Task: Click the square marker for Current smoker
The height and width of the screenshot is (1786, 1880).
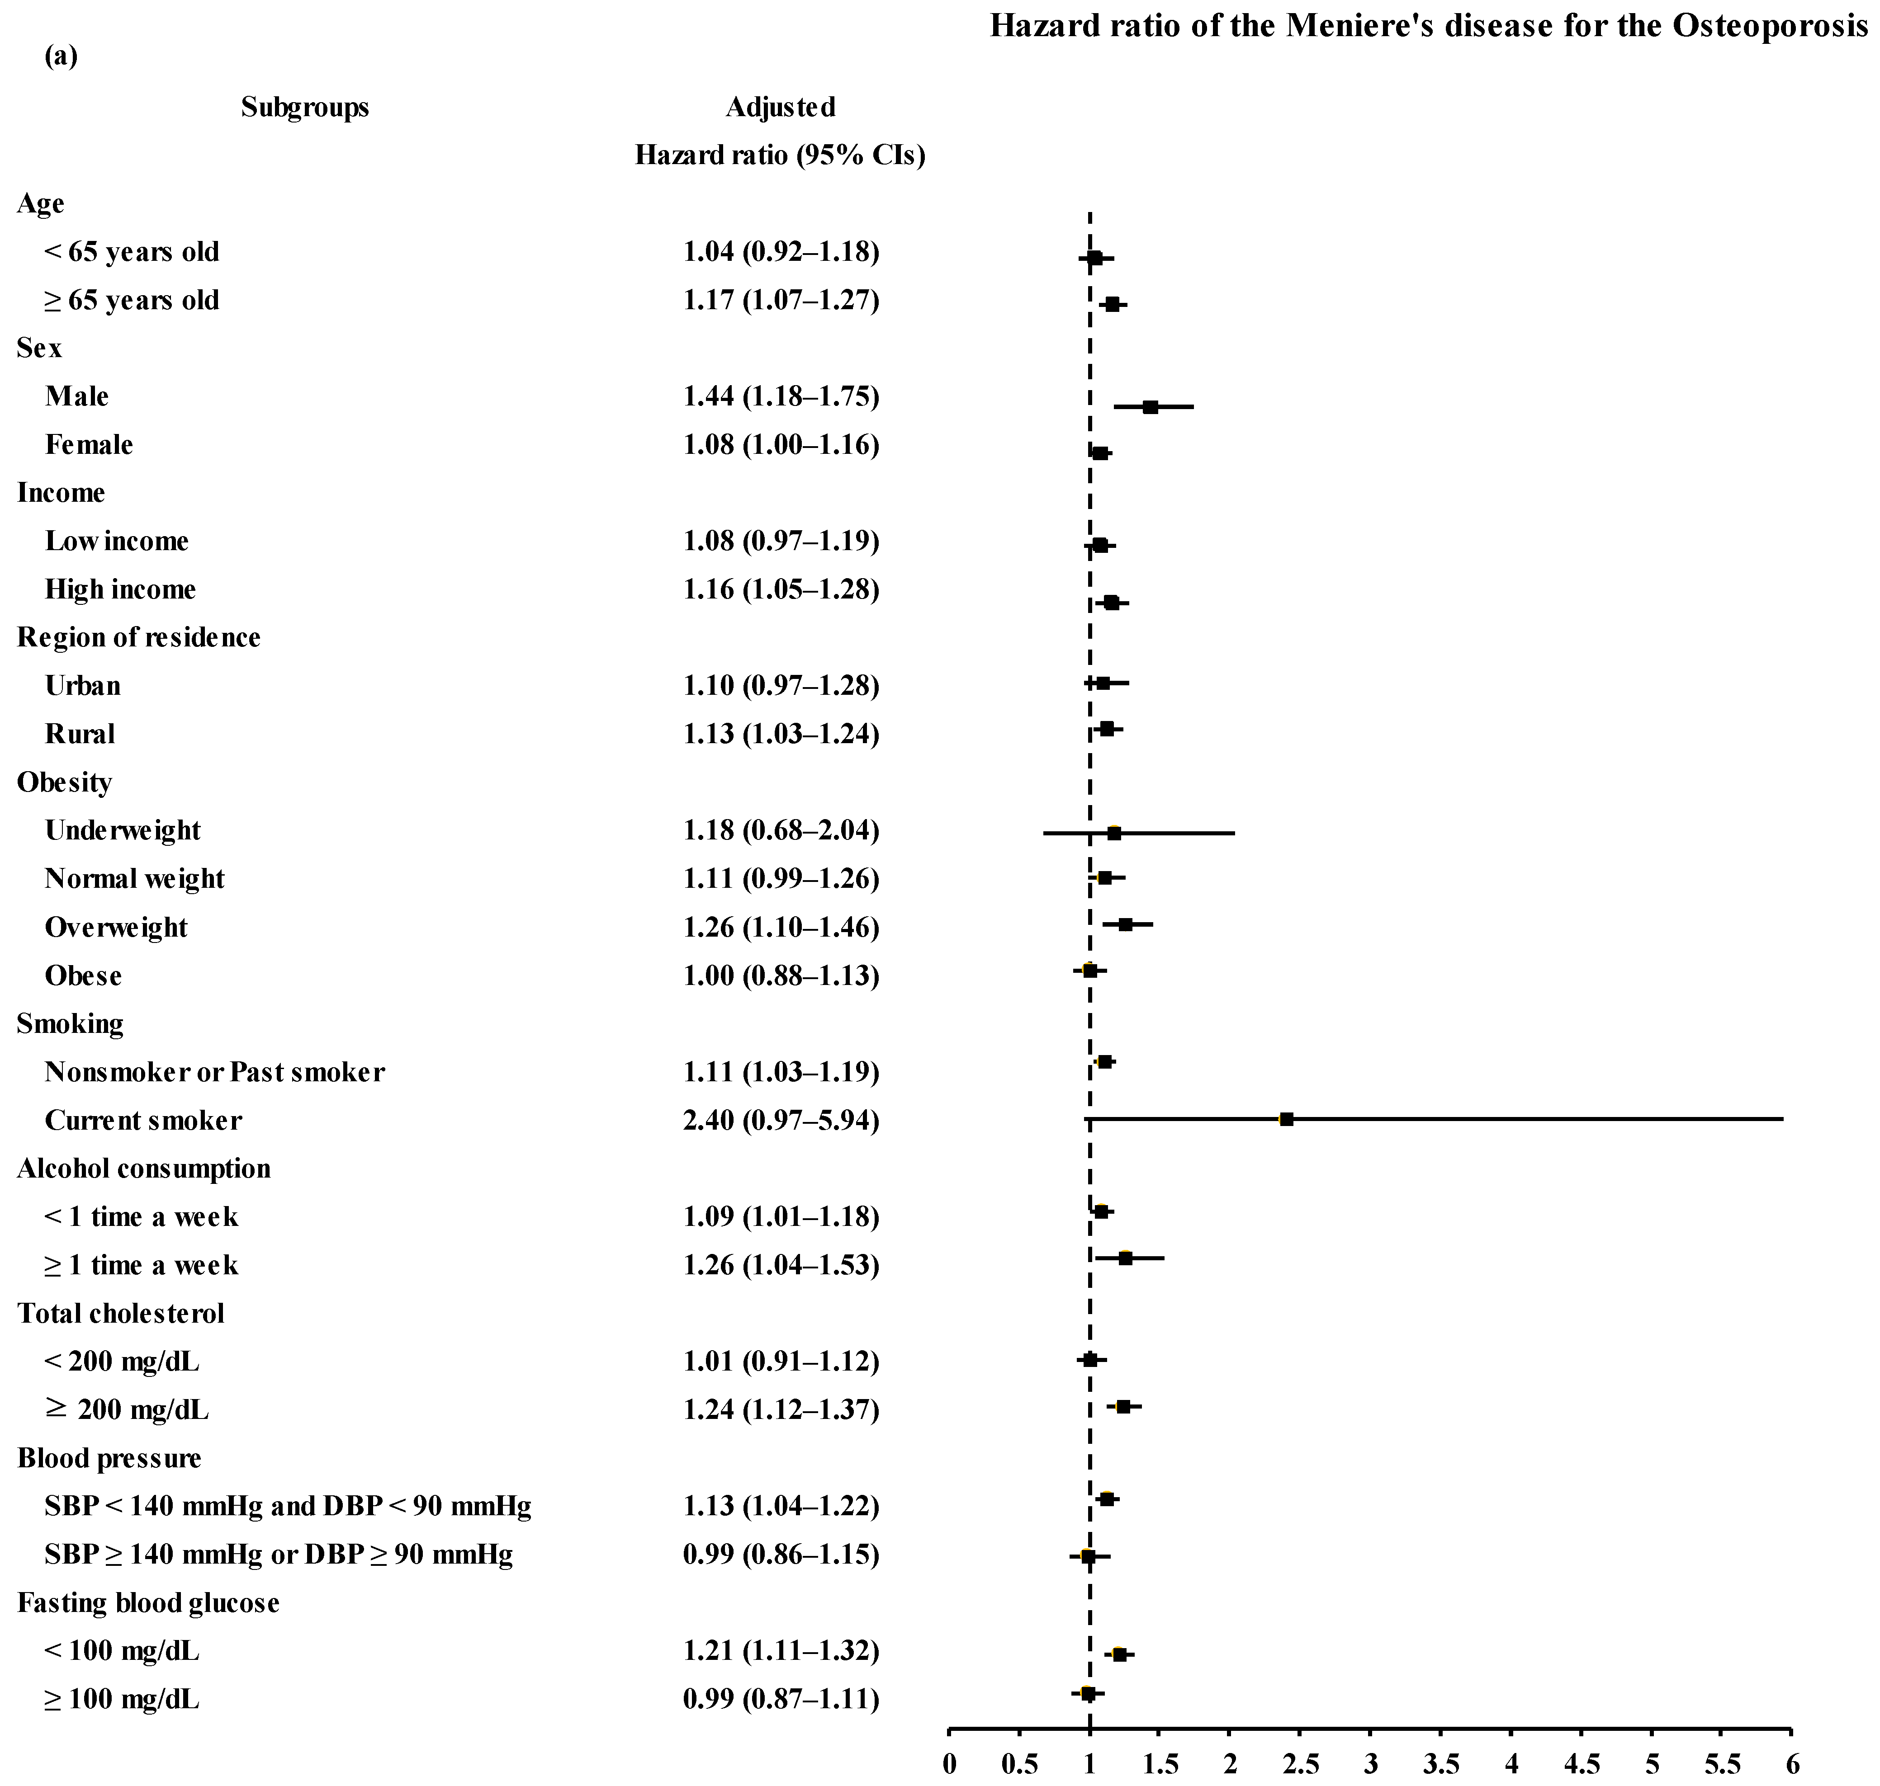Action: tap(1286, 1120)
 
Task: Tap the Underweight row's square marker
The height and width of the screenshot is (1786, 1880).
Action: tap(1113, 833)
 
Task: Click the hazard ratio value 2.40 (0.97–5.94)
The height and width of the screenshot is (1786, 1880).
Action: tap(781, 1121)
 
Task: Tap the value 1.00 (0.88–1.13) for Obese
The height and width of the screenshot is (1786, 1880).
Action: tap(781, 976)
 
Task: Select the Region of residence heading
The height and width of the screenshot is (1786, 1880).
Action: tap(139, 637)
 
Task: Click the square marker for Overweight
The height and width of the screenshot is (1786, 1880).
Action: tap(1125, 924)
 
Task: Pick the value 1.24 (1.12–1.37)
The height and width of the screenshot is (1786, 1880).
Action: tap(781, 1409)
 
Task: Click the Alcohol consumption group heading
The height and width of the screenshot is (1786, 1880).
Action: tap(144, 1168)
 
